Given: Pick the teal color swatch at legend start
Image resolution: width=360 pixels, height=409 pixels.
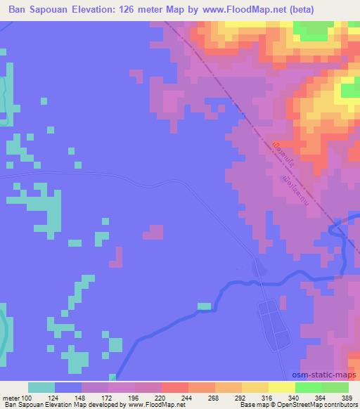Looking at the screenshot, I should (x=41, y=388).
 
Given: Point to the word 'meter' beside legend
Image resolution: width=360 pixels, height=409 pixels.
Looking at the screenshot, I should (x=12, y=398).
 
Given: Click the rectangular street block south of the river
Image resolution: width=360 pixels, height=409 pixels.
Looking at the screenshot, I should (x=273, y=325).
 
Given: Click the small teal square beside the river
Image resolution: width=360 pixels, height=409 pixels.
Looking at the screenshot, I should (x=204, y=306).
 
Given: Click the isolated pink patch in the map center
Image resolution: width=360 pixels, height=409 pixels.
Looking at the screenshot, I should (x=154, y=232).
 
